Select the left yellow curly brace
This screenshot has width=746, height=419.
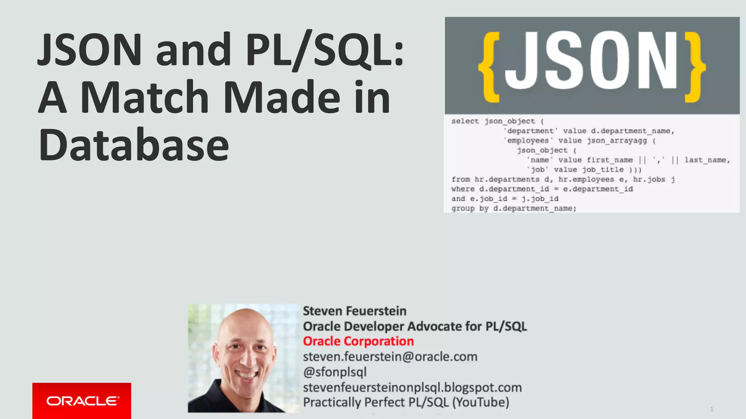coord(490,67)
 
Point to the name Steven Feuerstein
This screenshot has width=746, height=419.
coord(354,311)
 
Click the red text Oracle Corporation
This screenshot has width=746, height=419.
coord(358,342)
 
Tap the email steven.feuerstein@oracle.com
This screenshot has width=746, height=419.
coord(390,357)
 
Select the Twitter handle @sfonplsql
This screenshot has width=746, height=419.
coord(335,372)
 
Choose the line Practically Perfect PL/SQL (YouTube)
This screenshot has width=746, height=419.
coord(406,403)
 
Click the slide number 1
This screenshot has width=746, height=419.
coord(711,409)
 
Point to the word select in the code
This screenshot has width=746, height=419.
coord(465,121)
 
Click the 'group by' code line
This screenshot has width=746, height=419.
coord(514,208)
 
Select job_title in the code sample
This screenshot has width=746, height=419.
coord(602,169)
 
